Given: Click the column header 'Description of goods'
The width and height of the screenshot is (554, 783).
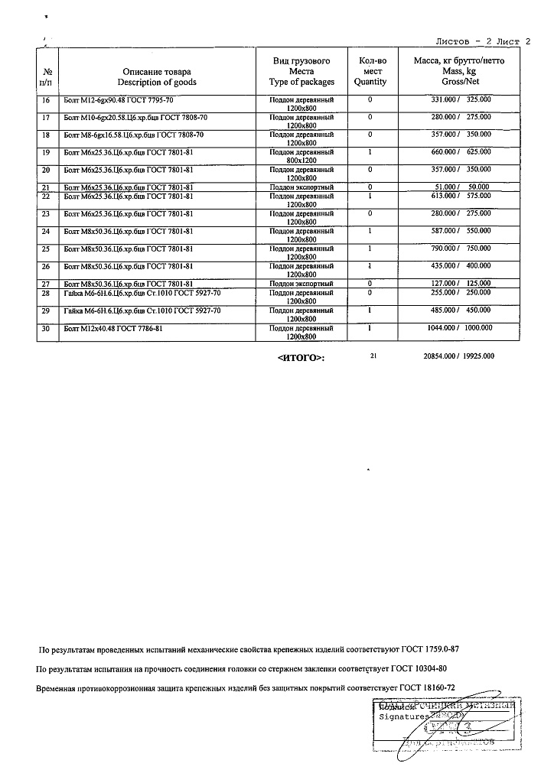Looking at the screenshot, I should [x=157, y=82].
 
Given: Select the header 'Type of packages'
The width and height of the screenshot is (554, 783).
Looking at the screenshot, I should [x=301, y=82].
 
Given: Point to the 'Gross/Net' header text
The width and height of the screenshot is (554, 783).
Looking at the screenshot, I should [x=460, y=82].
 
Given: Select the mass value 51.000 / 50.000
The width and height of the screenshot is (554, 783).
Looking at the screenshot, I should [x=461, y=187].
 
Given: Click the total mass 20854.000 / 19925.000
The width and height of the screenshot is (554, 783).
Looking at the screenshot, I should [x=458, y=356].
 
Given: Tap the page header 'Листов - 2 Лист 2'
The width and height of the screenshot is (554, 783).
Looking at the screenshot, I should [x=482, y=42].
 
